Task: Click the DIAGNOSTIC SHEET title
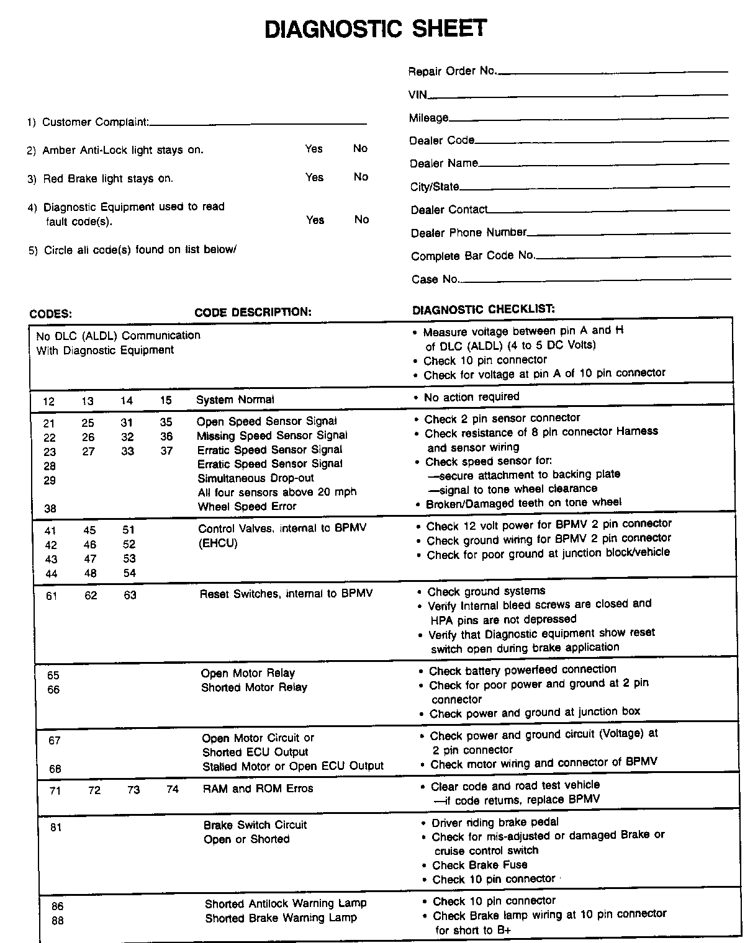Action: click(376, 29)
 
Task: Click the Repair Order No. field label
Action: click(453, 71)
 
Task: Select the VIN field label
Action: click(418, 94)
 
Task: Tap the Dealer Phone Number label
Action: click(469, 233)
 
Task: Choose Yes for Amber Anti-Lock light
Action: click(314, 149)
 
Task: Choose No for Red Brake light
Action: click(361, 177)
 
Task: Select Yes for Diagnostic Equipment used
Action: click(315, 220)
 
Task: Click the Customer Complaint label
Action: click(95, 122)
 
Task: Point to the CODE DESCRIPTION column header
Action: click(253, 312)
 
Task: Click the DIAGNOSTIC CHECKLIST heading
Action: click(484, 309)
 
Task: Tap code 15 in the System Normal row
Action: click(166, 401)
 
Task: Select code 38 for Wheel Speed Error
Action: click(50, 507)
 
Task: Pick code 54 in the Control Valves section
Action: click(129, 573)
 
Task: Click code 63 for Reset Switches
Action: click(130, 596)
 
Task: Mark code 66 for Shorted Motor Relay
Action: click(53, 689)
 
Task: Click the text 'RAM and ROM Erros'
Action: click(258, 789)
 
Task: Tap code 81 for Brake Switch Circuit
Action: click(56, 827)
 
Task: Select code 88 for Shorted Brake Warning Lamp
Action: click(57, 921)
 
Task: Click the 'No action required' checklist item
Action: click(471, 397)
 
